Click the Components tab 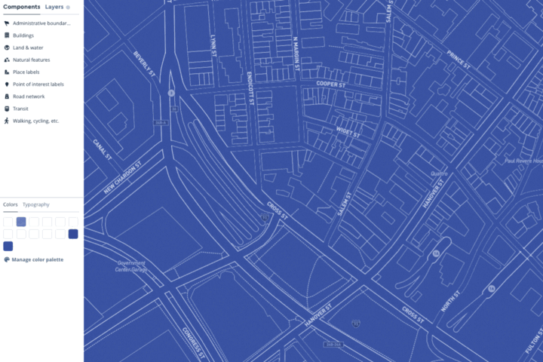(x=21, y=7)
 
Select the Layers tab (x=54, y=7)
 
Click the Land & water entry (x=29, y=48)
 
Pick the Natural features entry (x=31, y=60)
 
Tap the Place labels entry (x=26, y=72)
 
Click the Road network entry (x=29, y=97)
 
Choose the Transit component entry (x=20, y=109)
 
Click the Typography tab (x=36, y=204)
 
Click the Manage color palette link (x=37, y=259)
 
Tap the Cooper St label (x=331, y=84)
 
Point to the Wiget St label (x=348, y=133)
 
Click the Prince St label (x=459, y=60)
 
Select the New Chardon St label (x=123, y=178)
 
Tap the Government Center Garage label (x=130, y=266)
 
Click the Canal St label (x=103, y=149)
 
